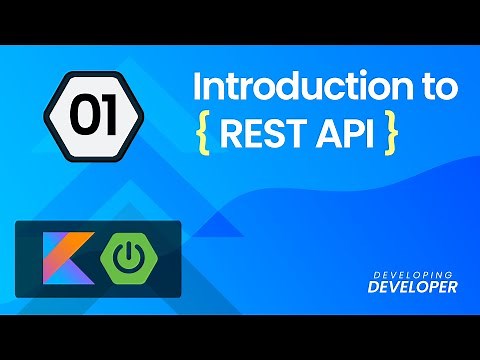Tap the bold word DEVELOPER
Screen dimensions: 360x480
[413, 286]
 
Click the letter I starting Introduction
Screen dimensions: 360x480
[197, 87]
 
